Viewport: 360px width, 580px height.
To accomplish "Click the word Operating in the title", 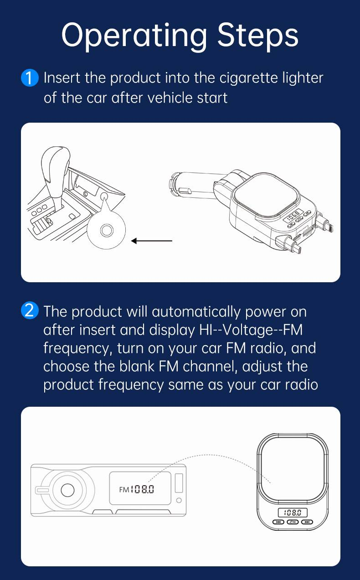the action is pyautogui.click(x=134, y=36).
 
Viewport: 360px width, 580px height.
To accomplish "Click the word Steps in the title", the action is pyautogui.click(x=258, y=35).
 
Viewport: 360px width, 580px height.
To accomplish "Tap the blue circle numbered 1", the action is pyautogui.click(x=30, y=78).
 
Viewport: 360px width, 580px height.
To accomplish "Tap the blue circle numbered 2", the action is pyautogui.click(x=30, y=311).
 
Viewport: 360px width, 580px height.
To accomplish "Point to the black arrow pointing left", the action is pyautogui.click(x=152, y=241).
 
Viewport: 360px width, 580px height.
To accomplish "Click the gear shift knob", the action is pyautogui.click(x=55, y=166).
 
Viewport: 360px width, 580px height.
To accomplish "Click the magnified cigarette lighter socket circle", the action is pyautogui.click(x=106, y=229).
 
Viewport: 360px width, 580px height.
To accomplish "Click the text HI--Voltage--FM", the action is pyautogui.click(x=251, y=330).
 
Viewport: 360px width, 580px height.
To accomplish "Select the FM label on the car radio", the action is pyautogui.click(x=124, y=490).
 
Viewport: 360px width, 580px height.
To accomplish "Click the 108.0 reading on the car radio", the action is pyautogui.click(x=143, y=489).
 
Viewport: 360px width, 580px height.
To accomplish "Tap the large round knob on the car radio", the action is pyautogui.click(x=67, y=490).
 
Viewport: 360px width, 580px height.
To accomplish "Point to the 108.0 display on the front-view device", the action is pyautogui.click(x=293, y=513).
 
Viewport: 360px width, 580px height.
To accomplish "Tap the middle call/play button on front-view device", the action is pyautogui.click(x=293, y=522).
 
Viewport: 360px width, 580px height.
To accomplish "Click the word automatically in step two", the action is pyautogui.click(x=196, y=312).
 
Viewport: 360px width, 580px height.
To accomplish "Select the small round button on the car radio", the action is pyautogui.click(x=179, y=501).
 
